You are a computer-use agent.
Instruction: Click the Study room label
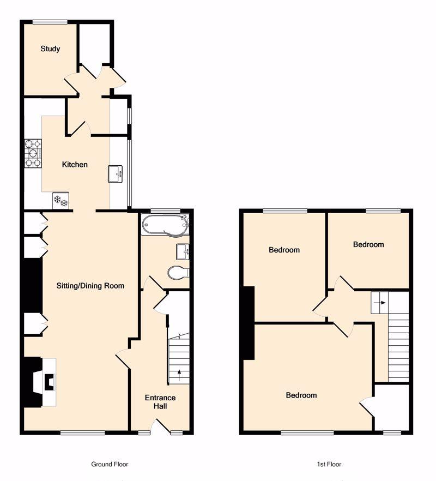(x=50, y=49)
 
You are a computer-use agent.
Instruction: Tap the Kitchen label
(x=75, y=165)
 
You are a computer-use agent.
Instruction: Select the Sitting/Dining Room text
(x=90, y=286)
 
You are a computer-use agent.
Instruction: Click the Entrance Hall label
(x=160, y=402)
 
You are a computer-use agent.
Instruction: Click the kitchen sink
(x=116, y=174)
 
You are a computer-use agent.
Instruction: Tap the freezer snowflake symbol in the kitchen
(x=60, y=201)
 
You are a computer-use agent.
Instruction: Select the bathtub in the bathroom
(x=165, y=225)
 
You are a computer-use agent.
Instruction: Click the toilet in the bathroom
(x=178, y=273)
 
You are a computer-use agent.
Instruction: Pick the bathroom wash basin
(x=183, y=252)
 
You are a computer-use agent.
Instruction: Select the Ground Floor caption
(x=110, y=464)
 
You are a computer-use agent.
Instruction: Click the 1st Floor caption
(x=329, y=464)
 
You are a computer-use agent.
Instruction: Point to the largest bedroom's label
(x=301, y=395)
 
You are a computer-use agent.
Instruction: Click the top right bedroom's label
(x=368, y=244)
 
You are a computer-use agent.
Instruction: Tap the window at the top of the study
(x=50, y=22)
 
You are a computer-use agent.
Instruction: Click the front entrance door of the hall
(x=162, y=426)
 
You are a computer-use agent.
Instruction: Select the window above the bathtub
(x=166, y=211)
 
